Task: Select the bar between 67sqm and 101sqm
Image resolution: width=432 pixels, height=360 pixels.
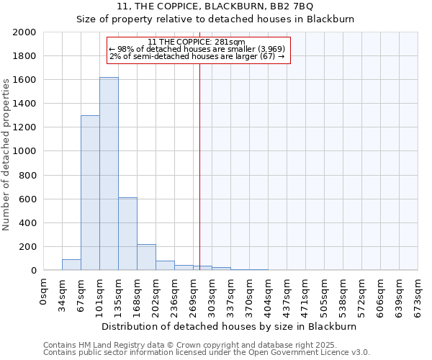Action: [90, 193]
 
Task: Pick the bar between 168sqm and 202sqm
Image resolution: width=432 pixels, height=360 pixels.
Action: [146, 257]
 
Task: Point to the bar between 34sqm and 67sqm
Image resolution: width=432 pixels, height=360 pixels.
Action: [71, 265]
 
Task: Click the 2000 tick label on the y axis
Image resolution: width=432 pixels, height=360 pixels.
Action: [25, 32]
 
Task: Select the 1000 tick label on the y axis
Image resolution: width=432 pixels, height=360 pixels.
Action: [25, 151]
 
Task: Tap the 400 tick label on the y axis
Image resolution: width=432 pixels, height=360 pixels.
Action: [28, 223]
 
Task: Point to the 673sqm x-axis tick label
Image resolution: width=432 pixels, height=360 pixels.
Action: [418, 293]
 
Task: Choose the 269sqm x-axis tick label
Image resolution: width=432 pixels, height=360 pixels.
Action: [194, 293]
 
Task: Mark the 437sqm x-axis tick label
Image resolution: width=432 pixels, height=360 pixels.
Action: [287, 293]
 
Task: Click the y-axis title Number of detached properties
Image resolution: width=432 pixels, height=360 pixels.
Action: [6, 151]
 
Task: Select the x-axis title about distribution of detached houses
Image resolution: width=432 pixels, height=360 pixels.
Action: [229, 326]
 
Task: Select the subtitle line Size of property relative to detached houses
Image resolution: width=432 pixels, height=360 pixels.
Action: [215, 19]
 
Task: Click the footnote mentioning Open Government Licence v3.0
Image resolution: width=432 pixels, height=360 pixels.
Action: [207, 352]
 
